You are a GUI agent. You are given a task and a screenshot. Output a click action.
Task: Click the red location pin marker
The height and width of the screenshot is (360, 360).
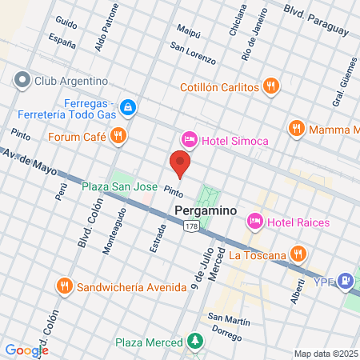[180, 164]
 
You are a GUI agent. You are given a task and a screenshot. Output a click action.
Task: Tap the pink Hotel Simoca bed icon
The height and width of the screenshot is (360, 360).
[190, 140]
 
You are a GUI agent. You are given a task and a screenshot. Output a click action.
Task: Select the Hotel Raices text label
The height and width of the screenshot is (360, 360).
[298, 222]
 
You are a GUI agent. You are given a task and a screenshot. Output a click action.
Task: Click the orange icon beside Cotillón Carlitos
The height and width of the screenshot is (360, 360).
[271, 86]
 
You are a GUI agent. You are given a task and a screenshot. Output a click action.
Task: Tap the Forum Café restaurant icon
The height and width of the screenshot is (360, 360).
[118, 135]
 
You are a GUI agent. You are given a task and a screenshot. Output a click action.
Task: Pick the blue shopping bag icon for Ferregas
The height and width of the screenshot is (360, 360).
[127, 106]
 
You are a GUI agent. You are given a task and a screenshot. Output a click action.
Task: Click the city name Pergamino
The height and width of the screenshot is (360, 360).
[204, 210]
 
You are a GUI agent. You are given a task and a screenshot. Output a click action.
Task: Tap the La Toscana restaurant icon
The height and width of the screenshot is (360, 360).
[298, 255]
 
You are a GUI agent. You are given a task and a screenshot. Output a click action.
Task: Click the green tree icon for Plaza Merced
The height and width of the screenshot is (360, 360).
[194, 342]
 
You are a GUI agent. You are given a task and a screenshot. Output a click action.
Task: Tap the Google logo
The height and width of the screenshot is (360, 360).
[26, 350]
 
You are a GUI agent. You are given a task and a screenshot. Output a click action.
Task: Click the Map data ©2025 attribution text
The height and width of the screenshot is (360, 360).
[324, 353]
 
